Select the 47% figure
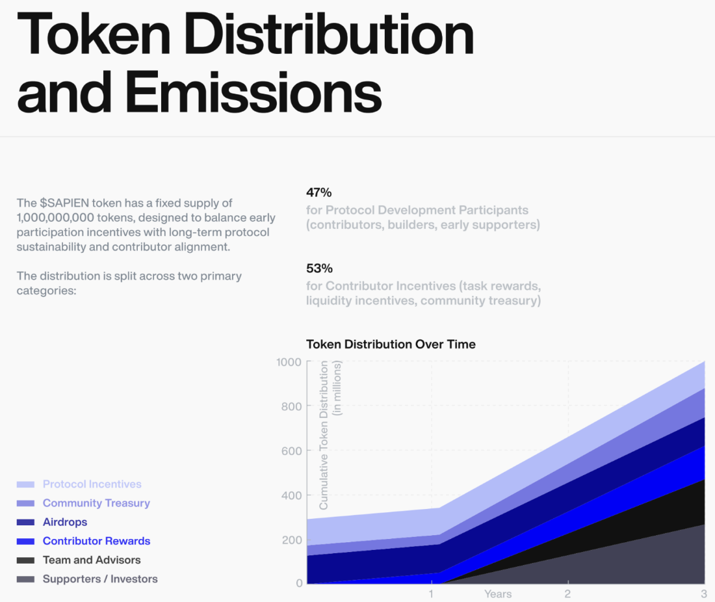click(x=318, y=192)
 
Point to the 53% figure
click(x=319, y=268)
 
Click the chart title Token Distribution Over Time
click(x=391, y=344)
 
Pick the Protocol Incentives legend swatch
click(x=25, y=484)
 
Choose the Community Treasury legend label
click(x=96, y=503)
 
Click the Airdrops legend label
click(x=65, y=522)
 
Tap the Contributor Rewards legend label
click(x=96, y=541)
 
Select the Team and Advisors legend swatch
click(x=25, y=560)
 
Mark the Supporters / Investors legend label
click(x=100, y=579)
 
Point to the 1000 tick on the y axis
click(x=289, y=362)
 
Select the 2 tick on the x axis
click(x=567, y=594)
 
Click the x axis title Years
click(x=498, y=594)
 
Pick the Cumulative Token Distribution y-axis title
click(x=324, y=436)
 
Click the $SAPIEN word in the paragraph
click(x=62, y=203)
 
